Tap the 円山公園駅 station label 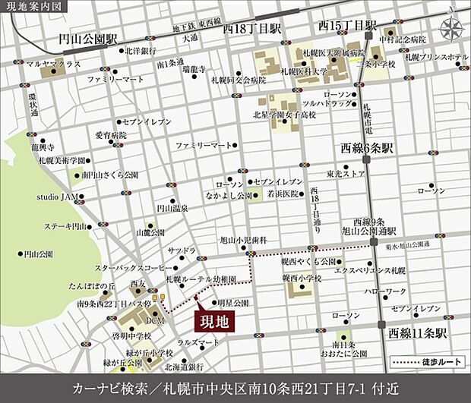tap(92, 37)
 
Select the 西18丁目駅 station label tap(251, 27)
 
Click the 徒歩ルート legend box tap(425, 362)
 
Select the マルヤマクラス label tap(58, 65)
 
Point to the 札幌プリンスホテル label tap(436, 57)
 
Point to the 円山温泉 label tap(172, 206)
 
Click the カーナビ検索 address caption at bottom tap(235, 385)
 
